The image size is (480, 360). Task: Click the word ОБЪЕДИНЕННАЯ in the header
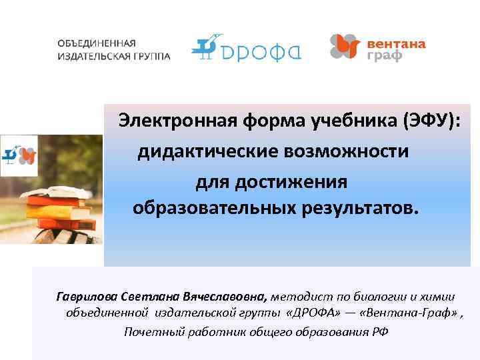click(x=91, y=43)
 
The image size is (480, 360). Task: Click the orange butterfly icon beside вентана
click(x=345, y=47)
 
